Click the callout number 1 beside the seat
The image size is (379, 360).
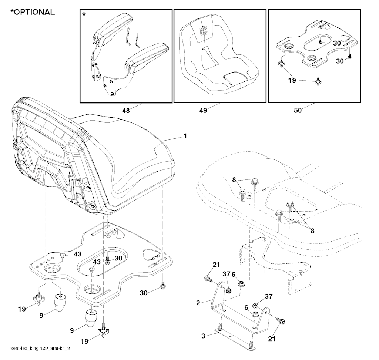[x=185, y=136]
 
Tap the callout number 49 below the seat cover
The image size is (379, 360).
[x=203, y=110]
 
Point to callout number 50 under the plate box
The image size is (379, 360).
[x=297, y=110]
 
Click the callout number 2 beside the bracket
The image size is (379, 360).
[x=198, y=303]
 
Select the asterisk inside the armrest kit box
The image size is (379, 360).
[x=84, y=15]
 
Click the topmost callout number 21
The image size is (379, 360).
[x=216, y=265]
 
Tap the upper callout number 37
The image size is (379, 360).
[x=227, y=274]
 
